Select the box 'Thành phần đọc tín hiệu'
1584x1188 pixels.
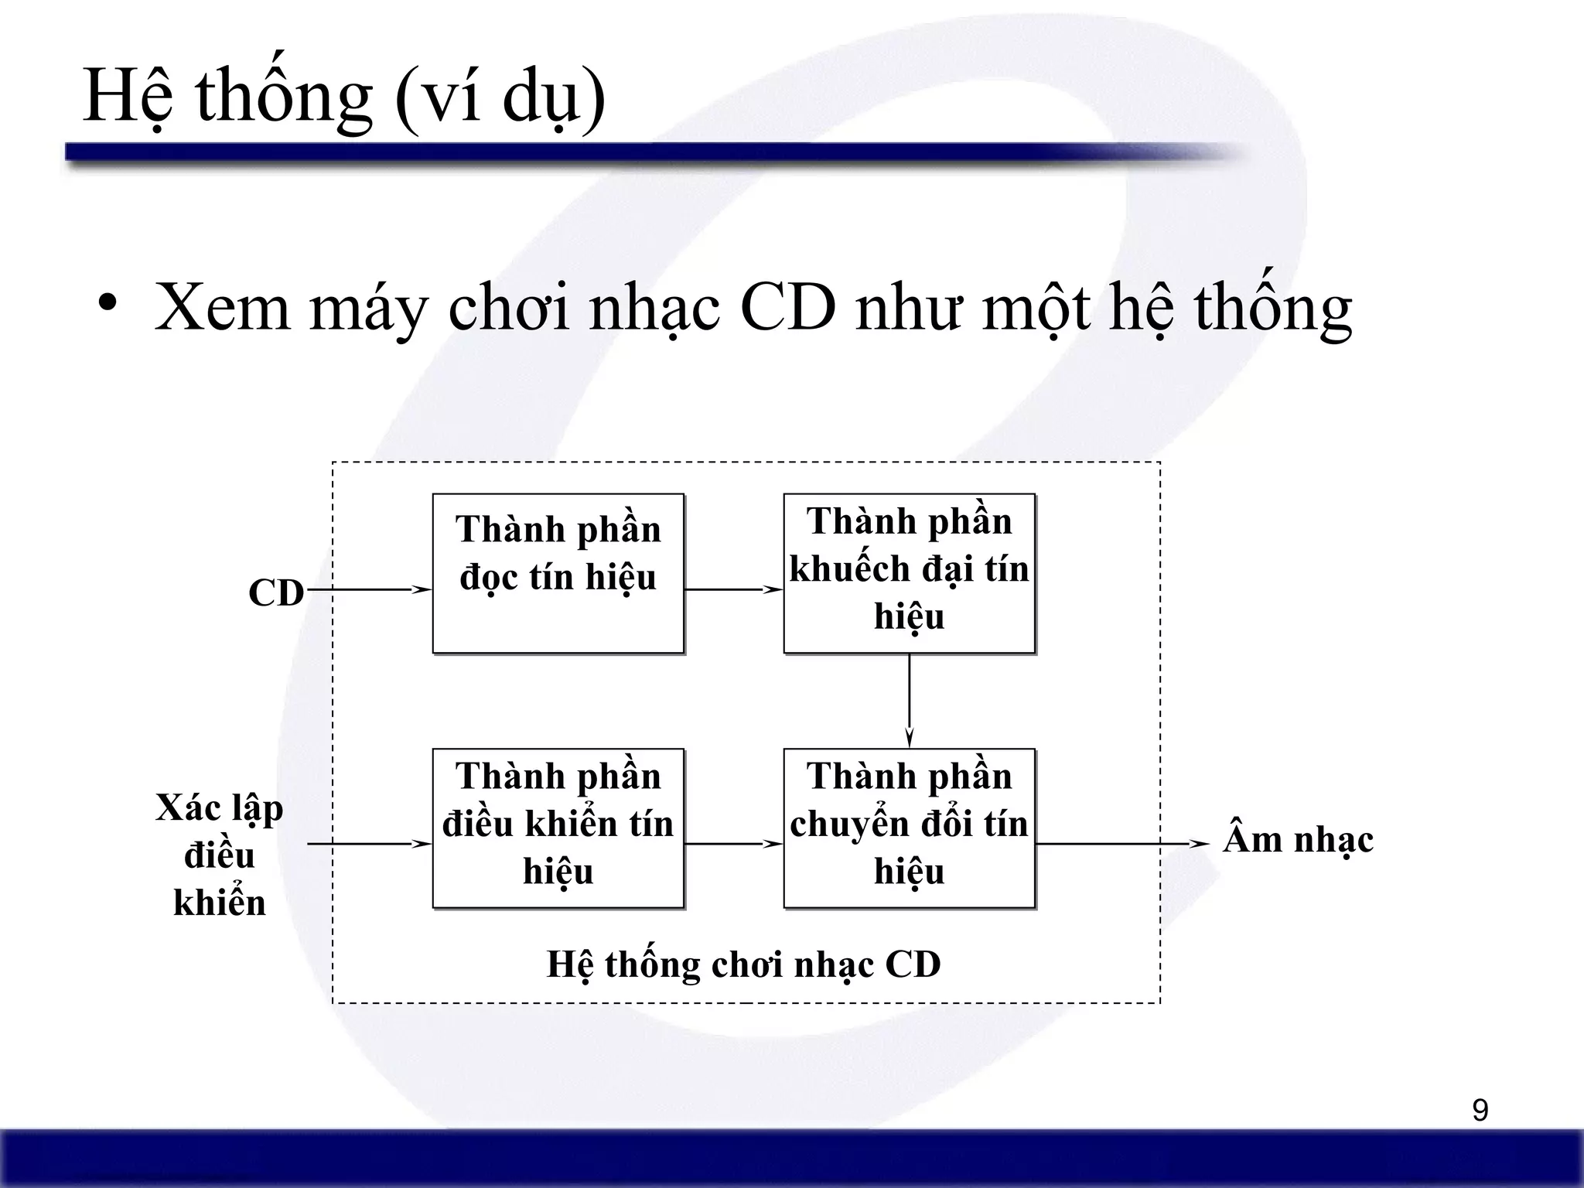[x=558, y=574]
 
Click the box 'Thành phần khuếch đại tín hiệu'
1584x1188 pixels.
[x=909, y=574]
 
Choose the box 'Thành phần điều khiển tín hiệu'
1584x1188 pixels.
[x=558, y=828]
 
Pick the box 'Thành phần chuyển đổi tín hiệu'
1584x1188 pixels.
[x=909, y=828]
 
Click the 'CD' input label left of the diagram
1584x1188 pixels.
[x=276, y=593]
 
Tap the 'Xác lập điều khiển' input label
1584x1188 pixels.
[x=220, y=855]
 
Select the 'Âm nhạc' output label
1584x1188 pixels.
[x=1298, y=840]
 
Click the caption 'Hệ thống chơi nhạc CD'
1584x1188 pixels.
[x=743, y=964]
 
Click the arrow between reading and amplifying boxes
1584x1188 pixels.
[x=733, y=589]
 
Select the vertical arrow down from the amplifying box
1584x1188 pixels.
[x=909, y=700]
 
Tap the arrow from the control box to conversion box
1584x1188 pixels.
[x=733, y=844]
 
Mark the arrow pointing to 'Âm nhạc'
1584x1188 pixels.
[x=1121, y=844]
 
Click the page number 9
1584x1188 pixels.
[x=1480, y=1111]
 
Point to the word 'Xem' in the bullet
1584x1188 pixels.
[x=222, y=308]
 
